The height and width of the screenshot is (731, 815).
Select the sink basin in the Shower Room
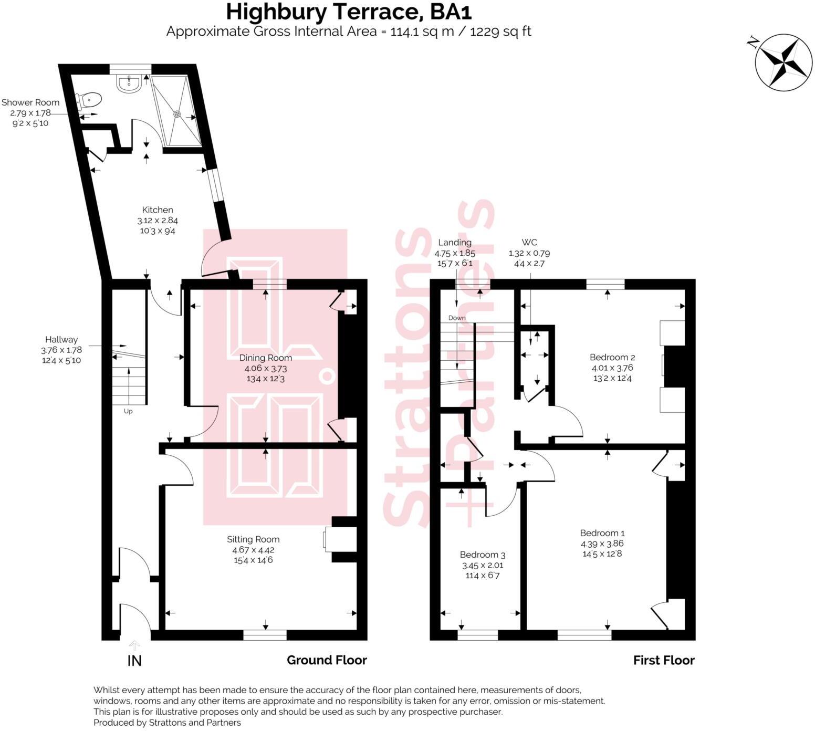pos(128,83)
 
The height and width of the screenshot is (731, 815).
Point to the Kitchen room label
pos(158,210)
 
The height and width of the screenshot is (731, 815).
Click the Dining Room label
pos(265,358)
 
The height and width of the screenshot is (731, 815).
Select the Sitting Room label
pos(253,539)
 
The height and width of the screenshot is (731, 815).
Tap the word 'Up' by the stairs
pos(128,411)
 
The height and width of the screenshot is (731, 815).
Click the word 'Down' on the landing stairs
pos(457,318)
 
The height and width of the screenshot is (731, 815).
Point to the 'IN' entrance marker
pos(134,661)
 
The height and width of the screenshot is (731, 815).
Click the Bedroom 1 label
pos(602,533)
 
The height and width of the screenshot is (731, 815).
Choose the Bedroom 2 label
pos(612,358)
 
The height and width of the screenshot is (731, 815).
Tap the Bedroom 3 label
pos(482,555)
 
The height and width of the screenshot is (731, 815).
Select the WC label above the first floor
pos(529,243)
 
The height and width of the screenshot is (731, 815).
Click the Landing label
pos(454,243)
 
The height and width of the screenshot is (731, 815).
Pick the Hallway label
pos(61,340)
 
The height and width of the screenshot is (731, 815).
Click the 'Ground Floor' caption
pos(327,661)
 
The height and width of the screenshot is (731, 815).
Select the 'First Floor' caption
pos(663,661)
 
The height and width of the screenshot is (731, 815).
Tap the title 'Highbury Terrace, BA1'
pos(345,12)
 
